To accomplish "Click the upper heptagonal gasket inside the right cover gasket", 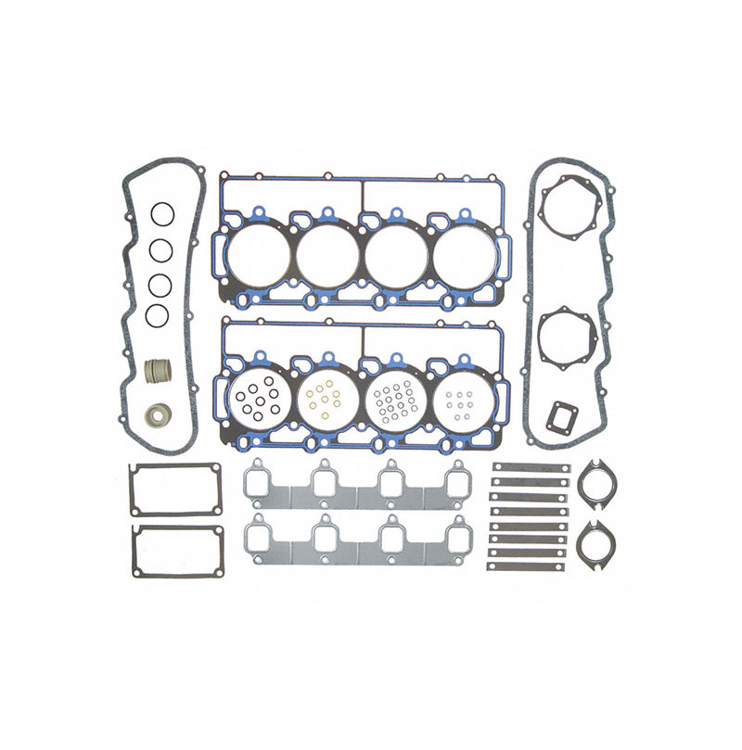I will click(567, 208).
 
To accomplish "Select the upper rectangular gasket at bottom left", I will click(175, 489).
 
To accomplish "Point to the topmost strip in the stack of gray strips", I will click(531, 468).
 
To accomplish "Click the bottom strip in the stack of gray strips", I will click(531, 566).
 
